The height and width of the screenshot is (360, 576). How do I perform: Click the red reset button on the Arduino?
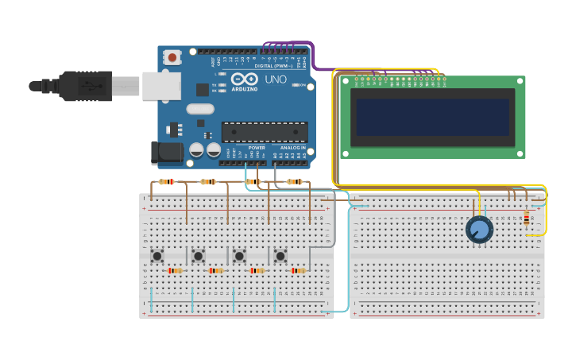[172, 57]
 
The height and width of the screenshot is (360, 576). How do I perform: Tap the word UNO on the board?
[275, 79]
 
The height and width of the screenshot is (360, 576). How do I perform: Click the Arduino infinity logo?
[245, 79]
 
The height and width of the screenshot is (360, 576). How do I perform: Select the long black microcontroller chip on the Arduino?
[265, 132]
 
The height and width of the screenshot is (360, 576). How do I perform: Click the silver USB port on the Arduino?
[161, 86]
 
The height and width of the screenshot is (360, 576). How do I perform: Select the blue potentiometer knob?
[479, 230]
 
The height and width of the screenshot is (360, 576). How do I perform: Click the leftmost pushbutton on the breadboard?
[157, 256]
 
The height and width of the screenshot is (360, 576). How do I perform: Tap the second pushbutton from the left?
[198, 256]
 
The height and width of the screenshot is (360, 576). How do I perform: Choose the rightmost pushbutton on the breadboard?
[280, 256]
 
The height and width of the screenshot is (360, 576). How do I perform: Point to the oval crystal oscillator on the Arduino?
[200, 109]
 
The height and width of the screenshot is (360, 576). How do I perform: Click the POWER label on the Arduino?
[257, 148]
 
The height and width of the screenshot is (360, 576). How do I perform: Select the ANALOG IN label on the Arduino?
[291, 148]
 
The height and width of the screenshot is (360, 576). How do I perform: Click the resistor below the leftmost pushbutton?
[175, 271]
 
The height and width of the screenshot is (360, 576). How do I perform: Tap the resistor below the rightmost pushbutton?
[298, 271]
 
